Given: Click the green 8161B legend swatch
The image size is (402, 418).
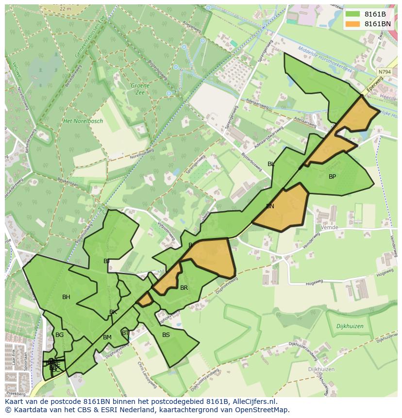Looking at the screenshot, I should [352, 14].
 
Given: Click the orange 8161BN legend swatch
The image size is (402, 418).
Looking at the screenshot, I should [352, 24].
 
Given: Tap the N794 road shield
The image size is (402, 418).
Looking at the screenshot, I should [384, 72].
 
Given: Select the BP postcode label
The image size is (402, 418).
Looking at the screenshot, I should [332, 177].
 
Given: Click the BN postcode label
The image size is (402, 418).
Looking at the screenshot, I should [270, 206].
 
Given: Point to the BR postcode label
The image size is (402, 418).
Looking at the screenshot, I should [184, 288].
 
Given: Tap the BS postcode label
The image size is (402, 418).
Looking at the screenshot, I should [166, 335].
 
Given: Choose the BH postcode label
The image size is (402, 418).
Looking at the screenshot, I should [66, 297].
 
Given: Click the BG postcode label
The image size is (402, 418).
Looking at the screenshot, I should [59, 335].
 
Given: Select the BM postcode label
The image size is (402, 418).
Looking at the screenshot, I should [107, 337].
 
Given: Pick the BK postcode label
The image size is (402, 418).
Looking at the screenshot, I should [113, 312].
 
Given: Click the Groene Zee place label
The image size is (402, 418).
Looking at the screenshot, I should [140, 89].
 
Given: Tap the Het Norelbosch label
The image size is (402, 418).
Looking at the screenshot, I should [83, 121].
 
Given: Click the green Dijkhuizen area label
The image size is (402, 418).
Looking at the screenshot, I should [350, 327].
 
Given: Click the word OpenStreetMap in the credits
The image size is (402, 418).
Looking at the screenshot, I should [260, 410].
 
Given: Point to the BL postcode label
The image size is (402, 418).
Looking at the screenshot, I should [271, 164].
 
